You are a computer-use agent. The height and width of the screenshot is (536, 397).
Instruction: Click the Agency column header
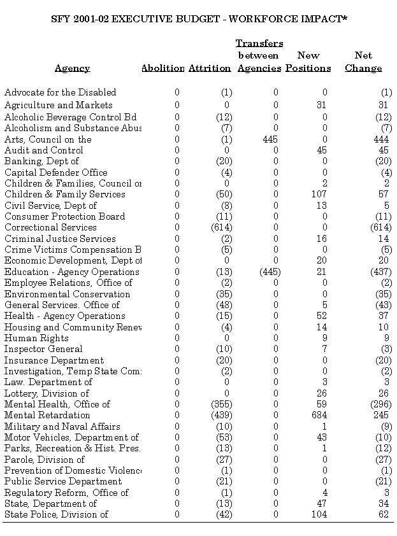(72, 68)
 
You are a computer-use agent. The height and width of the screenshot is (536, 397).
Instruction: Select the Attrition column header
(210, 68)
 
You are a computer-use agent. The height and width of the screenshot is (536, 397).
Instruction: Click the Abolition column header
(162, 68)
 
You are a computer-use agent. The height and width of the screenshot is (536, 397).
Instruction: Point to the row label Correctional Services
(50, 227)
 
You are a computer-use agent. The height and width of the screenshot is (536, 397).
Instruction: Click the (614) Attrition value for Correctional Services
(221, 227)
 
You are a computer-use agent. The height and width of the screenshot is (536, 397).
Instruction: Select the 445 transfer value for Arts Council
(270, 139)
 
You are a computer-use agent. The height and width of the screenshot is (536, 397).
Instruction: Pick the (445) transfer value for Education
(270, 272)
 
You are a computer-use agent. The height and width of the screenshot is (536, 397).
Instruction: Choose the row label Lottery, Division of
(47, 393)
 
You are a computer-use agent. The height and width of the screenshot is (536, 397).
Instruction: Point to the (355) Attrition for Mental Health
(221, 404)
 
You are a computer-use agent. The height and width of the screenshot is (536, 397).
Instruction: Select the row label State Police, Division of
(56, 514)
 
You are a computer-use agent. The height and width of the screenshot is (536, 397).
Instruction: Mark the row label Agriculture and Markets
(58, 105)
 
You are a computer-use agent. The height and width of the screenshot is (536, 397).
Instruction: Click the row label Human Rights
(36, 338)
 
